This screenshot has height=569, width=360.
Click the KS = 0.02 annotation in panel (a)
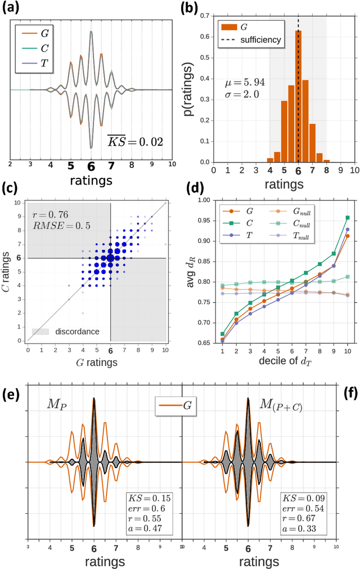click(135, 141)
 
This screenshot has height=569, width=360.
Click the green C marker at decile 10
click(348, 217)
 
